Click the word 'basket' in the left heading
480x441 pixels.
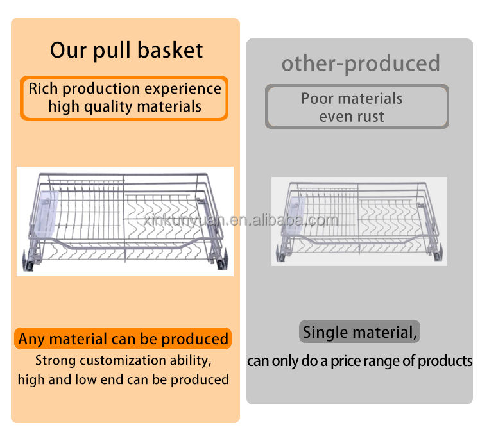[x=170, y=50]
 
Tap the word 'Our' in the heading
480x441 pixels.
[x=68, y=51]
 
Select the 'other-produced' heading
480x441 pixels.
[x=361, y=63]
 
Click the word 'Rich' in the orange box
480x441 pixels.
[x=43, y=88]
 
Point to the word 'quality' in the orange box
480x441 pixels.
[x=108, y=107]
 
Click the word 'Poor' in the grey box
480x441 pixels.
[x=317, y=99]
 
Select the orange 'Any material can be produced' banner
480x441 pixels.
[x=123, y=338]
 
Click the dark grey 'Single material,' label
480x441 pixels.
[x=359, y=331]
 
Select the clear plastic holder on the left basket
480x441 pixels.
[x=47, y=213]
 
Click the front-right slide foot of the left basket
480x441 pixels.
[x=223, y=260]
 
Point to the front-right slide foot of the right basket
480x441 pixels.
[x=438, y=253]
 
